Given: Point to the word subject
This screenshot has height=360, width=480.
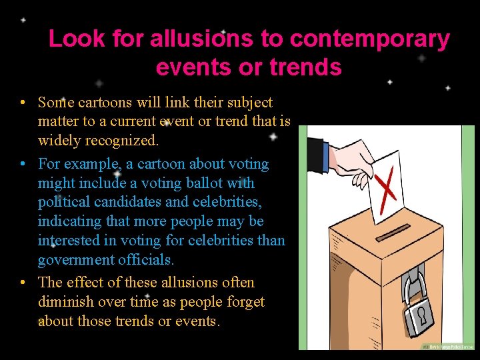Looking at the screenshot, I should click(x=247, y=103).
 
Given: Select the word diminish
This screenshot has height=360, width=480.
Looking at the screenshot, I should click(x=65, y=302).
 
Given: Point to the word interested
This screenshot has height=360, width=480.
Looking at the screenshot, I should click(x=70, y=240).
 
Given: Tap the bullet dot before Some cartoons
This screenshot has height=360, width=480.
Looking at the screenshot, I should click(x=23, y=103).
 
